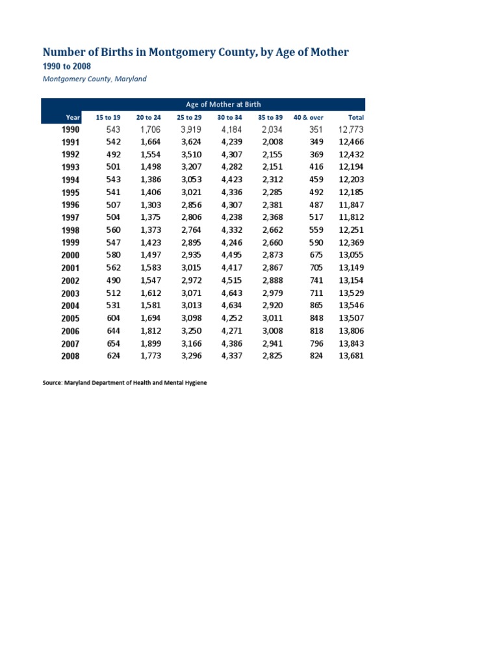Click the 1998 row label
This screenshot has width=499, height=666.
70,230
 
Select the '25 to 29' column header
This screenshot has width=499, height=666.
189,117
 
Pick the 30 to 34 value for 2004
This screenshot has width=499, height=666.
231,306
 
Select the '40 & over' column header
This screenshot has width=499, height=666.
309,117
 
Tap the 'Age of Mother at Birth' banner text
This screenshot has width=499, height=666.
224,104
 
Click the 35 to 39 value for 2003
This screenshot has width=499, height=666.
272,293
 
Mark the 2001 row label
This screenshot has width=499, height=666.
70,268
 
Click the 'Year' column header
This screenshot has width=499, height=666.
73,117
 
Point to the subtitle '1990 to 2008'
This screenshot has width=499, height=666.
66,66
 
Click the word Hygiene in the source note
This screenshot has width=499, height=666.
194,383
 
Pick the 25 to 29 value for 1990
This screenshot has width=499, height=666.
191,129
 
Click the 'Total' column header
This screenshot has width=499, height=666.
356,117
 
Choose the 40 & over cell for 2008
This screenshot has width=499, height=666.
316,356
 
